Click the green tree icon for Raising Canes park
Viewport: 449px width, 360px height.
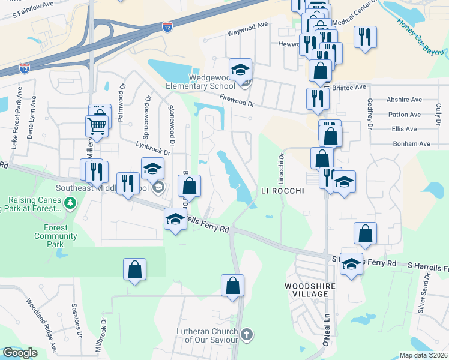(x=71, y=203)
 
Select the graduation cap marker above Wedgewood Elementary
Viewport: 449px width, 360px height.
(x=241, y=70)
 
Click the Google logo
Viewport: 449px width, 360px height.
(x=20, y=353)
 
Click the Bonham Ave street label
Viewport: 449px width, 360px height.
(x=412, y=144)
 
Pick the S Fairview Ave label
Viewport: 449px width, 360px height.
(x=35, y=8)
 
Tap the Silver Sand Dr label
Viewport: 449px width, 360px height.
(x=424, y=294)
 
